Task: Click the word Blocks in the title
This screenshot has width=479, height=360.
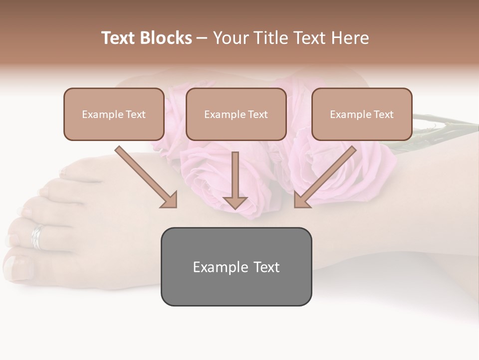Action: point(167,38)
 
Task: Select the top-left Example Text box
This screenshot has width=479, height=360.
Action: point(114,114)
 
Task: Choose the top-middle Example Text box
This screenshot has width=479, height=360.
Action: point(236,114)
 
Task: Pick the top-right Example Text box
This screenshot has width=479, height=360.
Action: point(362,114)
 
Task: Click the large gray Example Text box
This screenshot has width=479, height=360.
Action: point(236,266)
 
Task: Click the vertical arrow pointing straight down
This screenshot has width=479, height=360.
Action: point(235,180)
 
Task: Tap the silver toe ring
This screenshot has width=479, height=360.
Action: point(37,236)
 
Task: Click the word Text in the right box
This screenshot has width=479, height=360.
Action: point(383,114)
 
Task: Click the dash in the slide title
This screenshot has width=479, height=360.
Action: point(202,38)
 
